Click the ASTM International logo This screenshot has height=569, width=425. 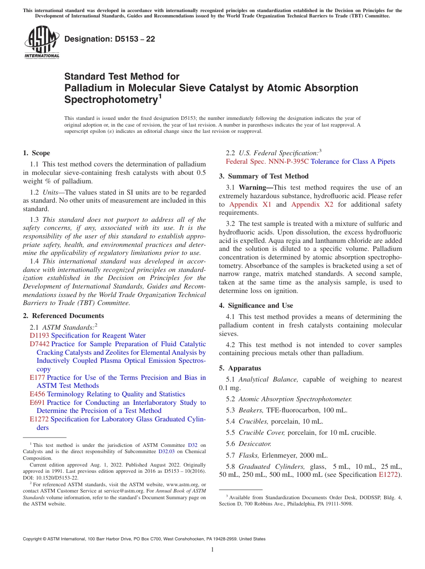click(x=42, y=42)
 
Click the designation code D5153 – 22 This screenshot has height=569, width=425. click(x=110, y=39)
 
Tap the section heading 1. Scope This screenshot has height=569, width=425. click(x=36, y=153)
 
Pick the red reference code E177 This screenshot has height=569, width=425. click(x=37, y=378)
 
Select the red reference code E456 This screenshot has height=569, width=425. click(x=37, y=394)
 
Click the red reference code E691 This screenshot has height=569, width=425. click(x=37, y=403)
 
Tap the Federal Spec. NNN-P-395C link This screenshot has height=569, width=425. click(x=267, y=161)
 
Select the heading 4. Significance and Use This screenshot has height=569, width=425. click(x=256, y=306)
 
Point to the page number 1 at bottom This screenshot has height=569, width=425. click(x=212, y=550)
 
